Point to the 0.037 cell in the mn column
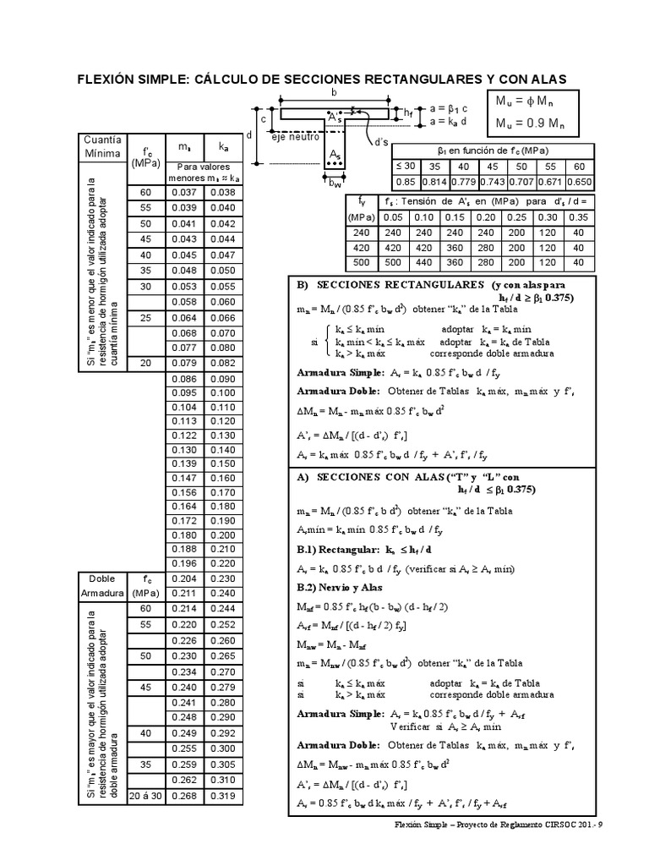[184, 192]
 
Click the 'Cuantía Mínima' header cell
[101, 146]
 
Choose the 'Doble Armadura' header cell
[101, 586]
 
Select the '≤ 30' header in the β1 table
[406, 167]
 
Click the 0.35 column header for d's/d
[579, 216]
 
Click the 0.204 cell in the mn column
[184, 579]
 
